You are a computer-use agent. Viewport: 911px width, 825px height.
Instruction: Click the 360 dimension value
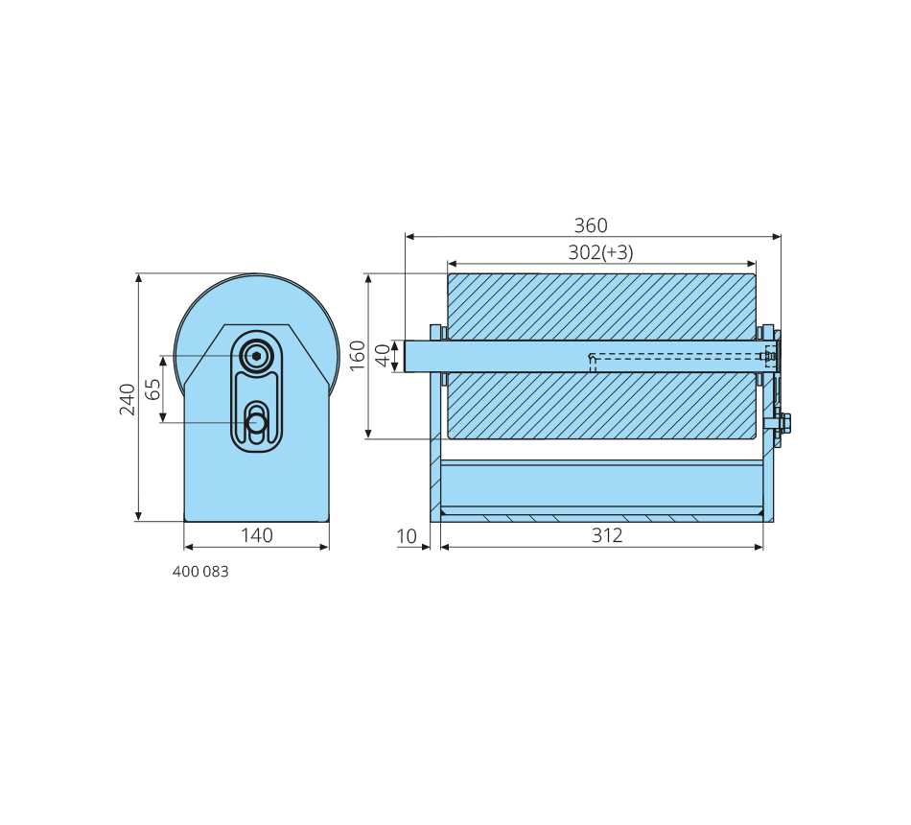(x=591, y=225)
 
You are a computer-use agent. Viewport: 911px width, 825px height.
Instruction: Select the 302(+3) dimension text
(x=600, y=252)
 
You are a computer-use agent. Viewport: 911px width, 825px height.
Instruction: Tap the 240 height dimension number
(x=128, y=399)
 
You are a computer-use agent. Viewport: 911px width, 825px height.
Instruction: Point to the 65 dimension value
(x=152, y=389)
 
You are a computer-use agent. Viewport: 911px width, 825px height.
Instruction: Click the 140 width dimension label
(x=257, y=535)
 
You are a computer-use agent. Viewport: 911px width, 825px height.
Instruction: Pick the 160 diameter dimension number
(x=358, y=355)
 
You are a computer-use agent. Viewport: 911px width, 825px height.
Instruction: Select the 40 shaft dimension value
(x=383, y=355)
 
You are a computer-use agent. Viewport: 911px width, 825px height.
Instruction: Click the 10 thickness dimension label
(x=407, y=536)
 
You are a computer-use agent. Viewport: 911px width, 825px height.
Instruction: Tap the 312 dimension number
(x=607, y=535)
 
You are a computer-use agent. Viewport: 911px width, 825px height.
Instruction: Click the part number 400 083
(x=200, y=572)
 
